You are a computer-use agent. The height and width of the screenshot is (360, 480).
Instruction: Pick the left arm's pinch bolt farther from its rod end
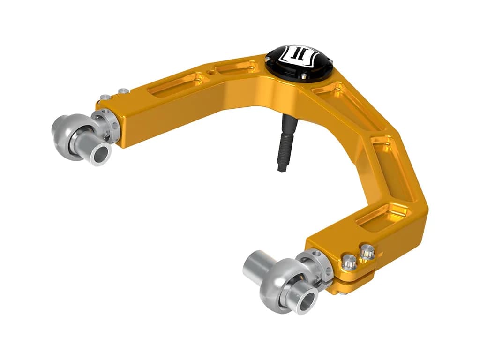123,90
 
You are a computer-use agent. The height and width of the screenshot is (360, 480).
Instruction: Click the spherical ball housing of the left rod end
75,134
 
